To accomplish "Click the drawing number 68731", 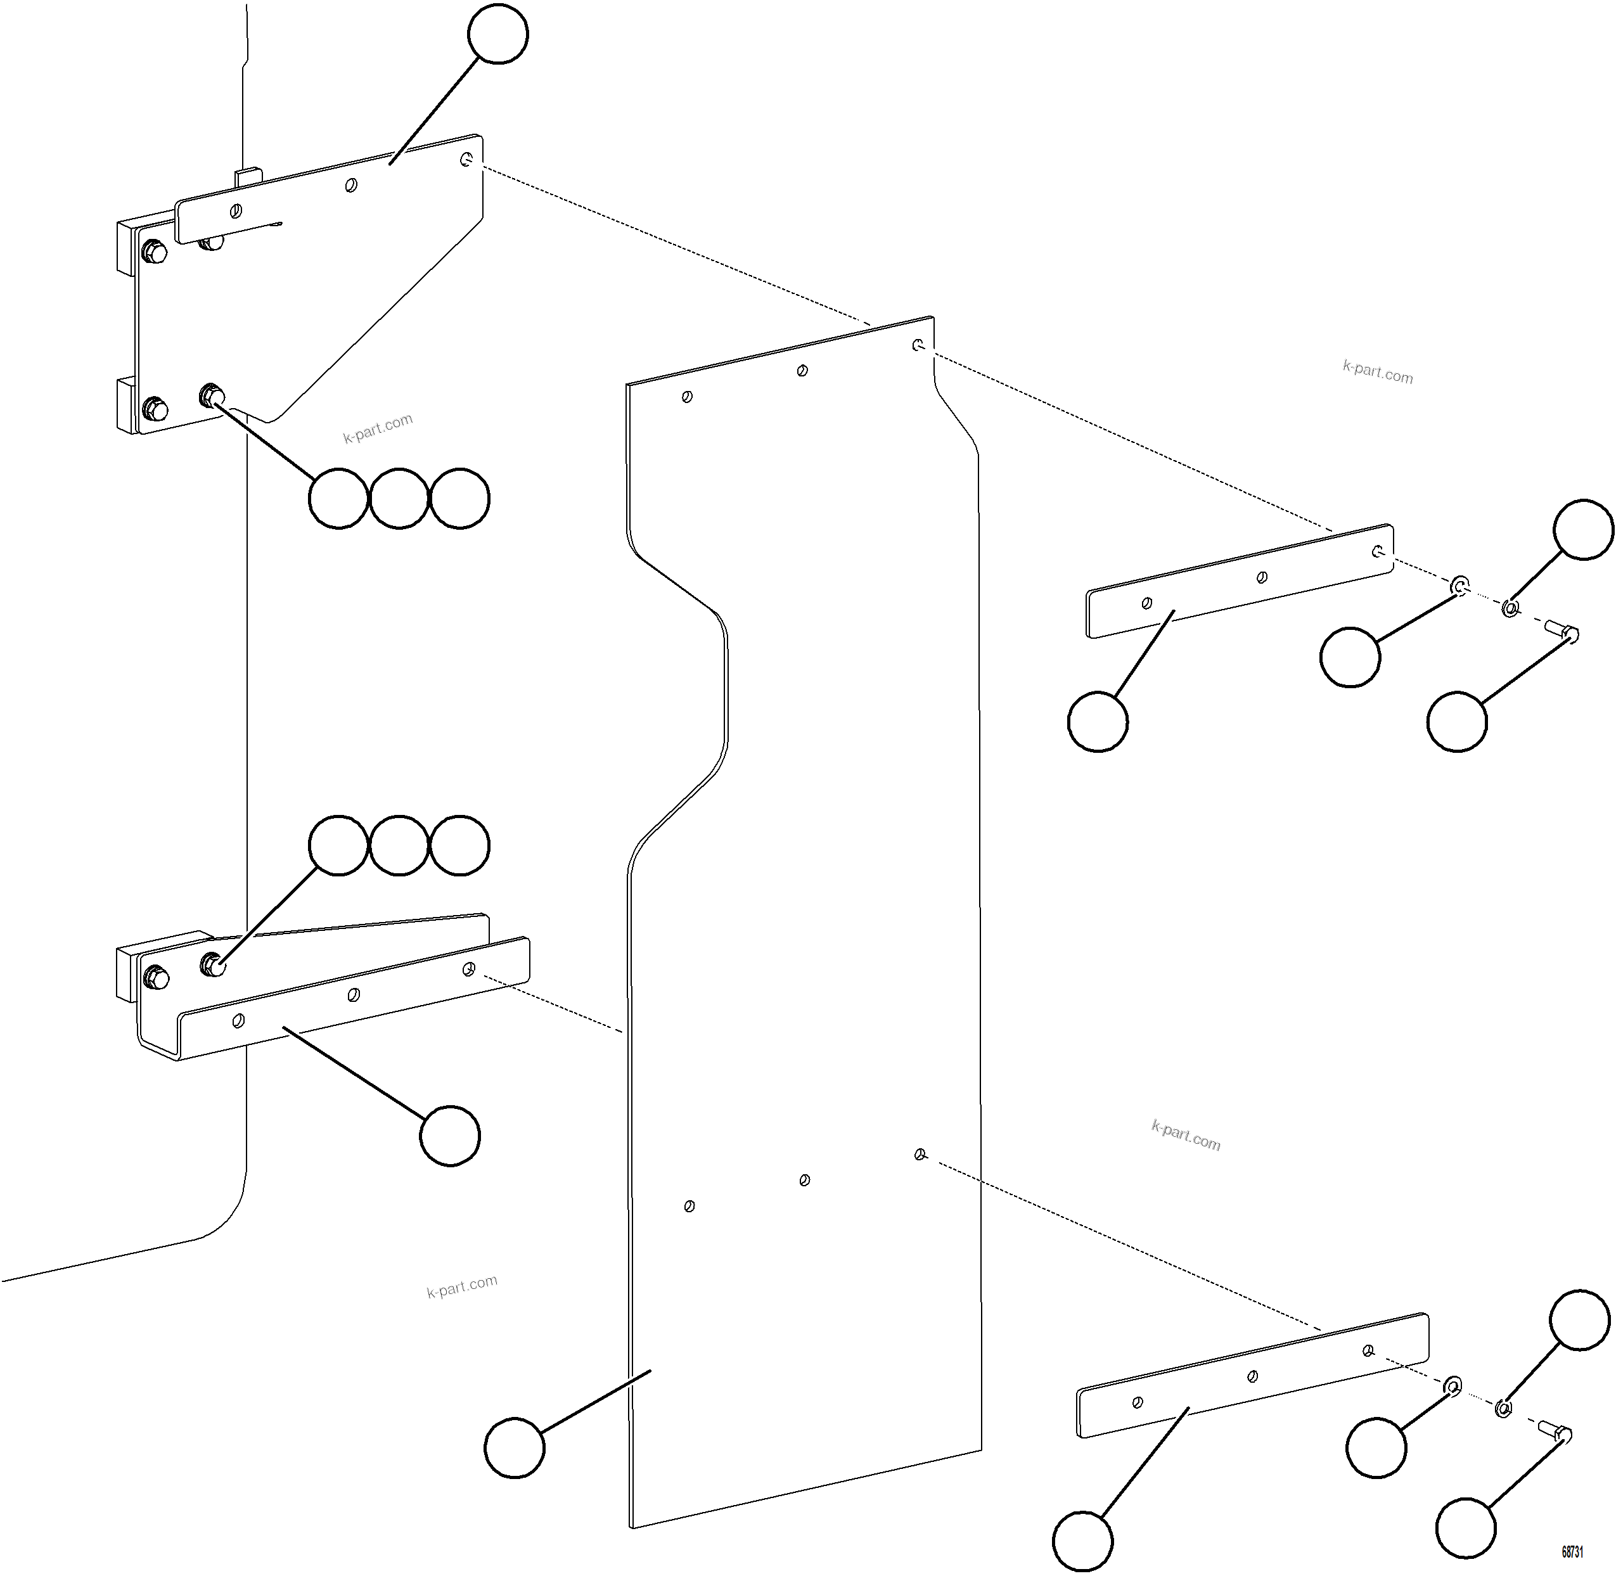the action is pos(1572,1551).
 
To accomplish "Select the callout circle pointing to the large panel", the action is pos(514,1447).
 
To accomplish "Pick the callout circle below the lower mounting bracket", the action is pos(449,1135).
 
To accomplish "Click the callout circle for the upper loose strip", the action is pos(1098,721).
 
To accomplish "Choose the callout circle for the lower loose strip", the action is pos(1083,1541).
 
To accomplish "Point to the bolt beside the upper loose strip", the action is pos(1562,632).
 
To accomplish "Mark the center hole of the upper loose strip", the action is pos(1262,577).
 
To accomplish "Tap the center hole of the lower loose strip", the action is pos(1253,1376).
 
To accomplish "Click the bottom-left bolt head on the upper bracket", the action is pos(155,409).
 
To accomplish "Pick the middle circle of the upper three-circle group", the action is pos(399,497).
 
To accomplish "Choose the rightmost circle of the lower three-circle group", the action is pos(460,845).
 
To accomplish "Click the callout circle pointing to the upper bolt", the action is pos(1457,721).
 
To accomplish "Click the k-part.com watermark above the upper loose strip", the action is pos(1378,371).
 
